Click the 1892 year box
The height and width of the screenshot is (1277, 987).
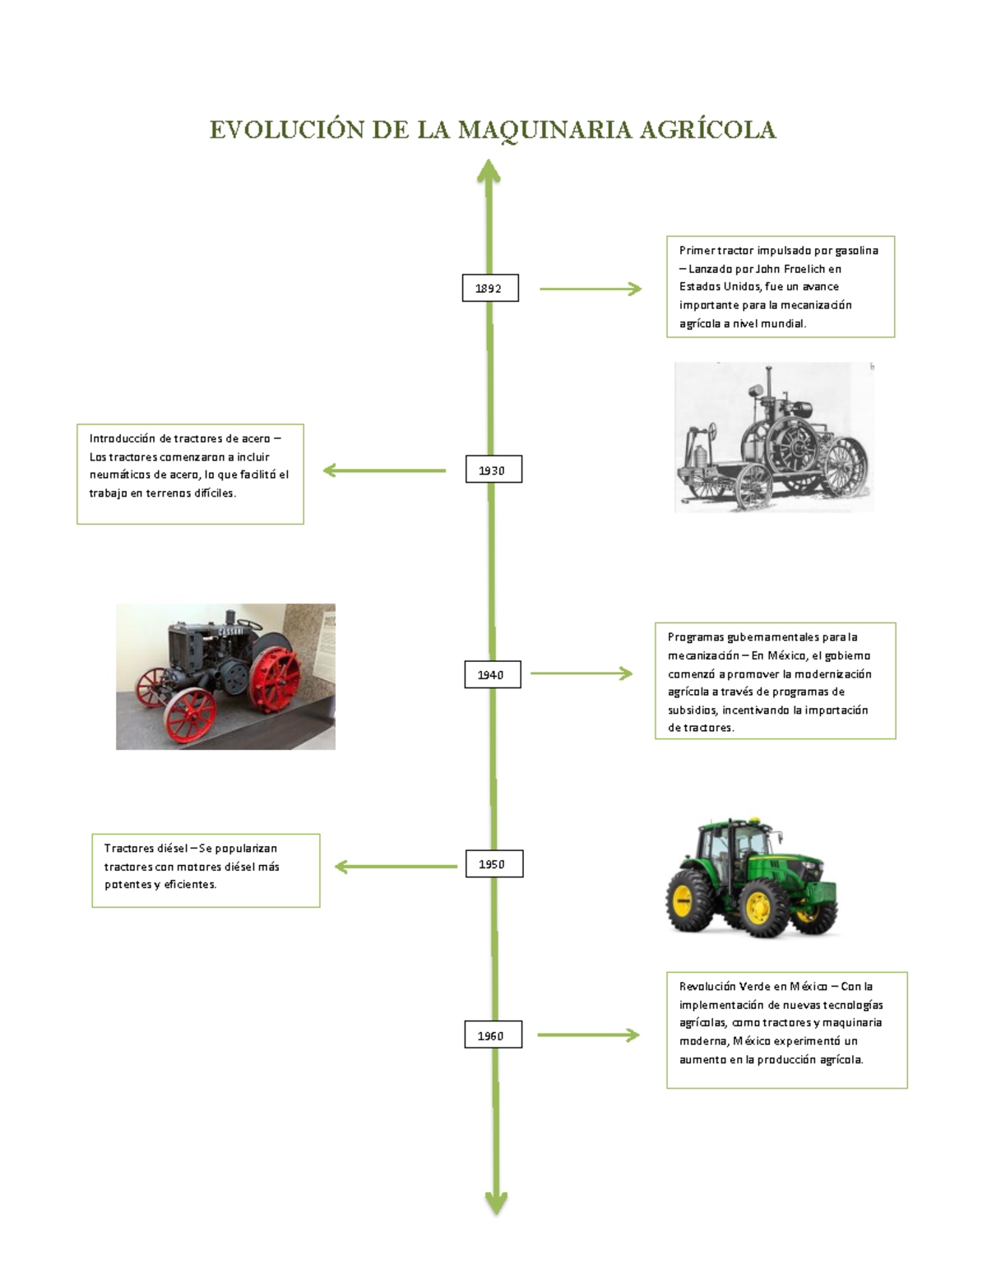(x=490, y=288)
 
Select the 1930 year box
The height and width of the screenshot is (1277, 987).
(x=493, y=469)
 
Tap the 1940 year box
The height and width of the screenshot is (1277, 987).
(x=493, y=674)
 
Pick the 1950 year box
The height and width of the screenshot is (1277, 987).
(x=494, y=863)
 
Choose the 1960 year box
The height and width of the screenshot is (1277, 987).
(x=493, y=1034)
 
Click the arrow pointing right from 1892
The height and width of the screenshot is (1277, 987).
(x=591, y=289)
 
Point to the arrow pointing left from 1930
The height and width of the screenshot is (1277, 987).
(x=384, y=470)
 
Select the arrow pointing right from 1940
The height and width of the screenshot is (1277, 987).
(x=582, y=673)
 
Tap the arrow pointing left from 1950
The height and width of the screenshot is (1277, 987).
(x=396, y=866)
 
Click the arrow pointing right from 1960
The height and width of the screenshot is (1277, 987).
(x=588, y=1035)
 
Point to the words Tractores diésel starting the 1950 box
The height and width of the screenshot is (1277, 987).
(x=146, y=848)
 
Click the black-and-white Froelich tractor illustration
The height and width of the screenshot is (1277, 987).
(x=774, y=437)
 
